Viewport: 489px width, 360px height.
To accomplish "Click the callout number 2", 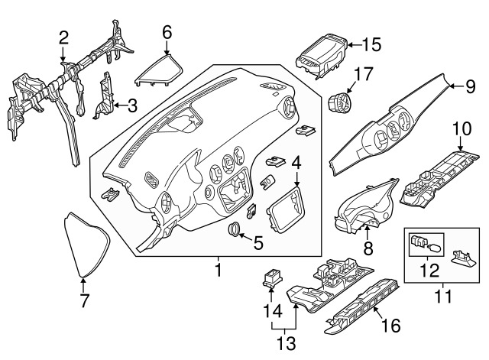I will click(63, 36).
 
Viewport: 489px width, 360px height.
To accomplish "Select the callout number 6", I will click(167, 31).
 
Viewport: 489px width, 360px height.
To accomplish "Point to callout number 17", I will click(363, 75).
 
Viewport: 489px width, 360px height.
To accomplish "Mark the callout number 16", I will click(390, 326).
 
